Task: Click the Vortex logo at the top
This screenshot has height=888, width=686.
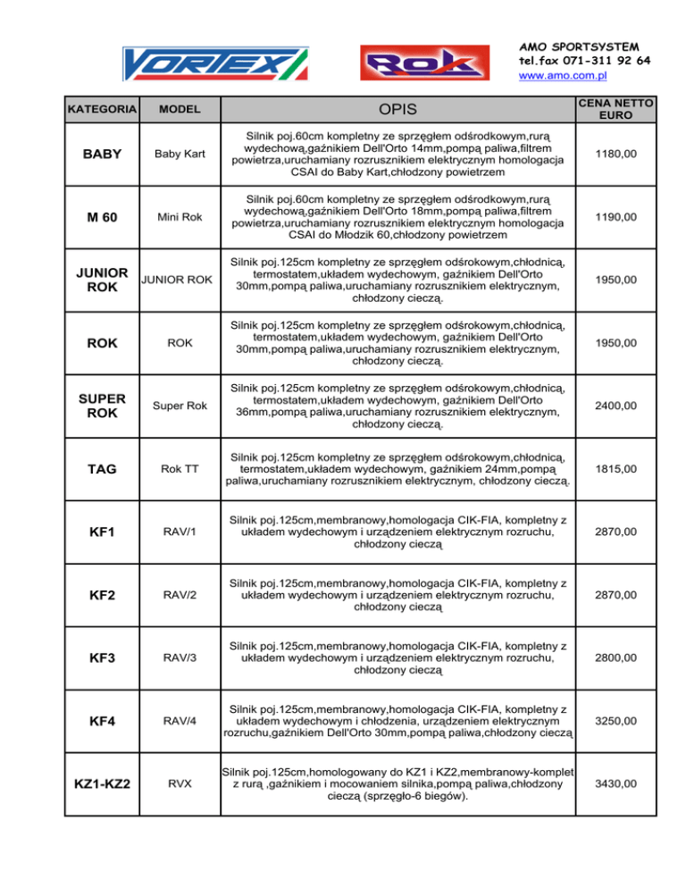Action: [x=214, y=63]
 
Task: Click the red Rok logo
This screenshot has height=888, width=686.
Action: [x=417, y=63]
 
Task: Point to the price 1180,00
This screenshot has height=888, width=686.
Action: [x=618, y=155]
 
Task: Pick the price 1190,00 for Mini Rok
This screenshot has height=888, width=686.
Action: [x=618, y=217]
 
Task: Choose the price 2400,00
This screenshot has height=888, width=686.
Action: [x=618, y=406]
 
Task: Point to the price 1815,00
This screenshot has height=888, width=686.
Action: [x=618, y=469]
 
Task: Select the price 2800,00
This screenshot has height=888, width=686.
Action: [x=618, y=658]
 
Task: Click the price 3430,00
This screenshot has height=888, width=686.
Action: [x=618, y=784]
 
